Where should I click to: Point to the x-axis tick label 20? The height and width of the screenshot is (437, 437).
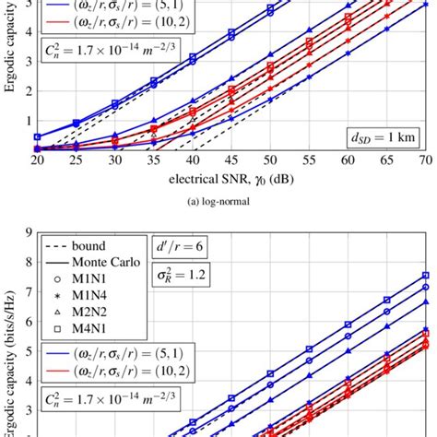click(37, 160)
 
